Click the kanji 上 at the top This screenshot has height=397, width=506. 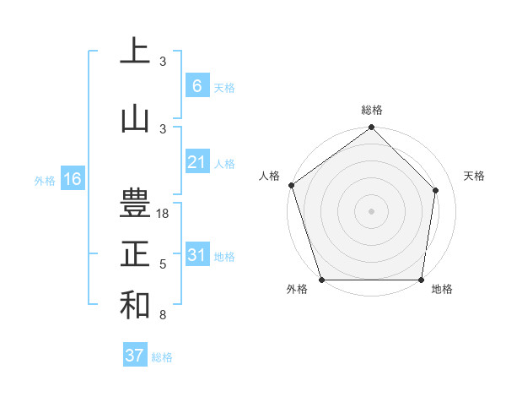[x=135, y=51]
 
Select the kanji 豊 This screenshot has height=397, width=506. [x=135, y=204]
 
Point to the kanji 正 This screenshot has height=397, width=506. [x=135, y=254]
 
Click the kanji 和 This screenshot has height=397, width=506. [x=135, y=305]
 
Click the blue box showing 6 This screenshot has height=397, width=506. [x=196, y=85]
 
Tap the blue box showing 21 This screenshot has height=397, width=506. [x=196, y=162]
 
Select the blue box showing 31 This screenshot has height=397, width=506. [x=196, y=255]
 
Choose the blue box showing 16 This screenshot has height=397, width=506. [x=72, y=179]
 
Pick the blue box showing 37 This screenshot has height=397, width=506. [x=134, y=356]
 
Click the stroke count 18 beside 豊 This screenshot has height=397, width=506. [x=163, y=214]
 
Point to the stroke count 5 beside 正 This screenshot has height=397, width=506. [x=163, y=264]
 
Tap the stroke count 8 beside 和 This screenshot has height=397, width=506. [x=163, y=315]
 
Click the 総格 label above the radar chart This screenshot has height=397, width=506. [x=371, y=110]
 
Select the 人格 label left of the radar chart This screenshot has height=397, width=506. [x=270, y=176]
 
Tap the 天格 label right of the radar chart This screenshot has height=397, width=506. [x=474, y=176]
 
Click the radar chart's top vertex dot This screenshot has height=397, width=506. [x=371, y=128]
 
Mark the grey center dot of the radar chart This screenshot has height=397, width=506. [x=371, y=210]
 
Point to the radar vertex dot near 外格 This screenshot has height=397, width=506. [x=321, y=280]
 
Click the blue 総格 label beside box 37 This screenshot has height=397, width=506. [x=162, y=357]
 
